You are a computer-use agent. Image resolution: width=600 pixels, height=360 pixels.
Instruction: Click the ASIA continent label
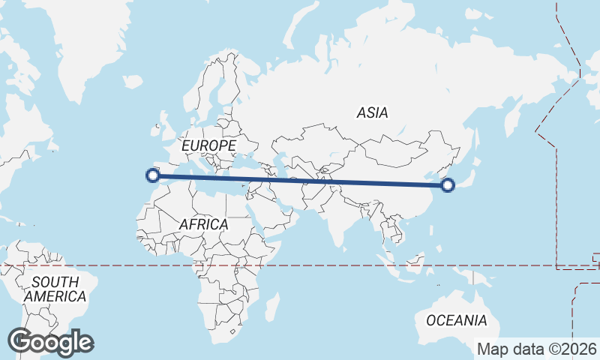pyautogui.click(x=373, y=113)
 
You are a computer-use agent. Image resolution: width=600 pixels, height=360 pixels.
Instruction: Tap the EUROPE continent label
pyautogui.click(x=208, y=145)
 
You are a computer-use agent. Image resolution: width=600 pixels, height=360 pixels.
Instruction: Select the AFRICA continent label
pyautogui.click(x=203, y=224)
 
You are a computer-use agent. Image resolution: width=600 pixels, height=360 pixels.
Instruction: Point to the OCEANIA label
pyautogui.click(x=457, y=320)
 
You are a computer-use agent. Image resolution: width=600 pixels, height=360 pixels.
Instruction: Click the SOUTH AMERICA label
pyautogui.click(x=55, y=289)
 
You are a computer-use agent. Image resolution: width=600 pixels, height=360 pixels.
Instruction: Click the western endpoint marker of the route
pyautogui.click(x=153, y=176)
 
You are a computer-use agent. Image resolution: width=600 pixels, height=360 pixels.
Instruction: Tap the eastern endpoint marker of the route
pyautogui.click(x=448, y=184)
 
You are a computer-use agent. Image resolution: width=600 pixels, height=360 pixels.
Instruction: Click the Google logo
pyautogui.click(x=50, y=342)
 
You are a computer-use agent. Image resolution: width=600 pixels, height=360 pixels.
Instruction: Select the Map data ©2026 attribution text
pyautogui.click(x=538, y=349)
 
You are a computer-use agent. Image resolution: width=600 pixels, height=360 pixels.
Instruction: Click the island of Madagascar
pyautogui.click(x=272, y=307)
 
